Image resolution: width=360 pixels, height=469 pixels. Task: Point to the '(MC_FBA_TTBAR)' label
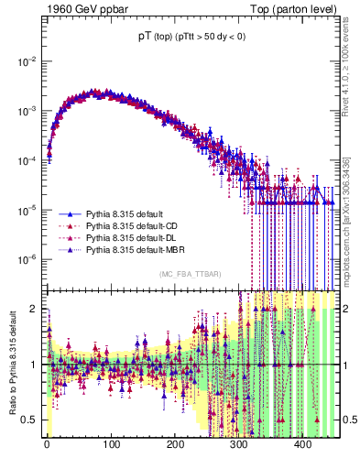click(x=191, y=274)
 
